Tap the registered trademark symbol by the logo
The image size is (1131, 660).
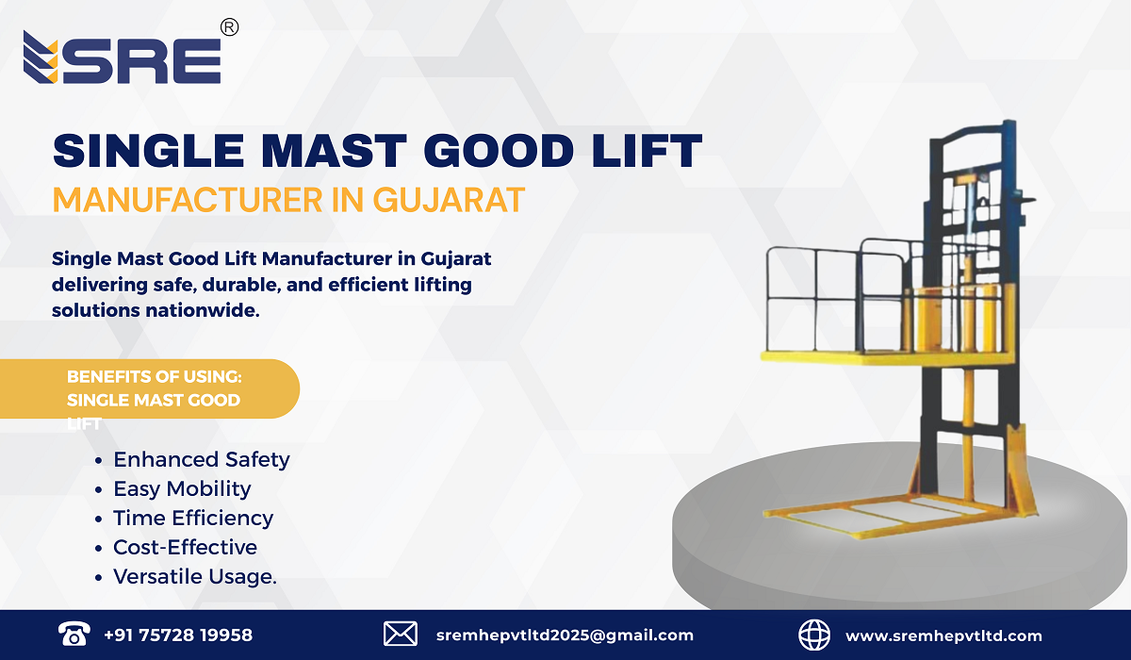tap(229, 28)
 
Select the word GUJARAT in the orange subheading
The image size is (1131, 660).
tap(449, 200)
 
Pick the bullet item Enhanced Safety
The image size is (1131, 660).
tap(201, 460)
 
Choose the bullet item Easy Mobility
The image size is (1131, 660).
tap(182, 489)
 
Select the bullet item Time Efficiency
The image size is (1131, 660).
tap(193, 519)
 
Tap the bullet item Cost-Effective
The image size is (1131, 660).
tap(185, 548)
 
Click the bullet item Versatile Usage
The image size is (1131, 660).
tap(195, 577)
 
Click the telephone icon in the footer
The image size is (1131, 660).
tap(73, 635)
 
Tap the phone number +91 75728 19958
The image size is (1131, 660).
tap(178, 635)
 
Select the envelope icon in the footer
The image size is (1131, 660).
tap(401, 635)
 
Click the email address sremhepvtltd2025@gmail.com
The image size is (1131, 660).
tap(565, 635)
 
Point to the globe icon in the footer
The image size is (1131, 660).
tap(813, 635)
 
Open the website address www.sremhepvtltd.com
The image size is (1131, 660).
tap(943, 635)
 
